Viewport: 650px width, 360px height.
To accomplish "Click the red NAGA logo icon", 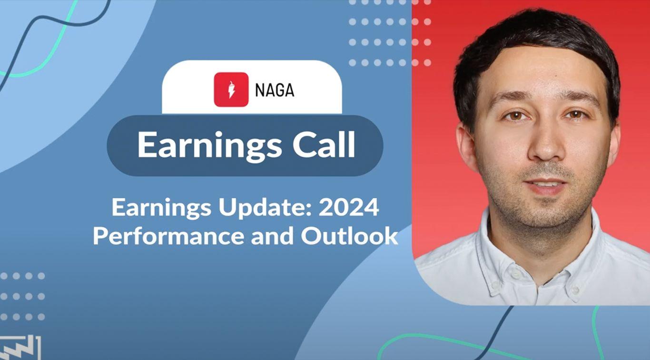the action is click(x=231, y=89).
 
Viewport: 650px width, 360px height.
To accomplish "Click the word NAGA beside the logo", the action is click(x=275, y=90).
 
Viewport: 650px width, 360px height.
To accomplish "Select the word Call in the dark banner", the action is click(x=324, y=145).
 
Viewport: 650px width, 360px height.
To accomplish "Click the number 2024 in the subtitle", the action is click(x=349, y=207).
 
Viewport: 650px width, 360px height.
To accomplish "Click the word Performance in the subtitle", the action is click(x=168, y=236).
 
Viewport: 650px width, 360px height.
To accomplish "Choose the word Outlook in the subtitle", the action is click(x=349, y=236).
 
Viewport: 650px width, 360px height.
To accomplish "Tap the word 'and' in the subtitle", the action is click(x=272, y=236).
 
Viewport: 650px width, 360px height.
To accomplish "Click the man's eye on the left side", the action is click(x=516, y=116).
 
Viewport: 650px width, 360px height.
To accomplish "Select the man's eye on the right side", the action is click(x=576, y=114).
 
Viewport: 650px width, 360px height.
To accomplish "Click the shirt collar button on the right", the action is click(x=575, y=290).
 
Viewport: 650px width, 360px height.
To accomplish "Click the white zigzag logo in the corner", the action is click(x=20, y=348).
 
